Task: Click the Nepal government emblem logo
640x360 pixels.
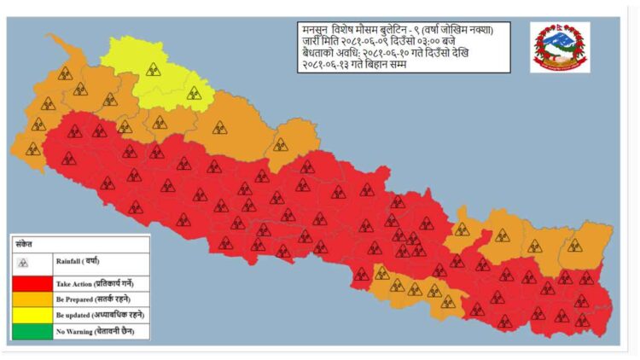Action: tap(560, 47)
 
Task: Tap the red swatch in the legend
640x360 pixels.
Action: tap(32, 282)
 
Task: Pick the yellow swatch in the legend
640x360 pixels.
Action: tap(32, 314)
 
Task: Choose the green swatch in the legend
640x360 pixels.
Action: tap(32, 330)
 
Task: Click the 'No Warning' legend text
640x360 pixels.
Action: tap(95, 330)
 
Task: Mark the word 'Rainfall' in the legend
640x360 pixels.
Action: tap(71, 261)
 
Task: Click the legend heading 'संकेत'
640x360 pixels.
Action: tap(23, 242)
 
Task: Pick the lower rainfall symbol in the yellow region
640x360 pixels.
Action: tap(194, 92)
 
